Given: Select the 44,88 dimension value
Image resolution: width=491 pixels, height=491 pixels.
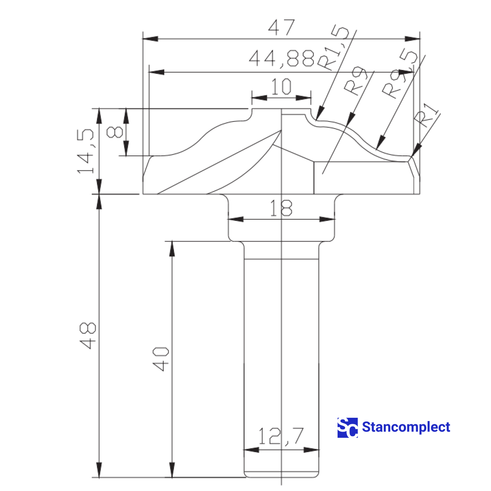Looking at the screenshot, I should (x=282, y=59).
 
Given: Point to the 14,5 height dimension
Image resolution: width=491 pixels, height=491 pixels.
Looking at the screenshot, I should (x=87, y=152).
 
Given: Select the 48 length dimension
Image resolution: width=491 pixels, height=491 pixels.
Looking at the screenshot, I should (x=88, y=336).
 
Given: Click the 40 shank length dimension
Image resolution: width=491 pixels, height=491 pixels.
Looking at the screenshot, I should (x=161, y=359).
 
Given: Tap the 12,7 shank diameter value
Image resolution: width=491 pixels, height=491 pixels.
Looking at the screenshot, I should (x=281, y=436).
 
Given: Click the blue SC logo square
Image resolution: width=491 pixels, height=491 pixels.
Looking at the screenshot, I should (x=347, y=428).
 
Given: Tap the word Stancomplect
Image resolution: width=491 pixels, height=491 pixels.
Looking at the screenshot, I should (x=406, y=427).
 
